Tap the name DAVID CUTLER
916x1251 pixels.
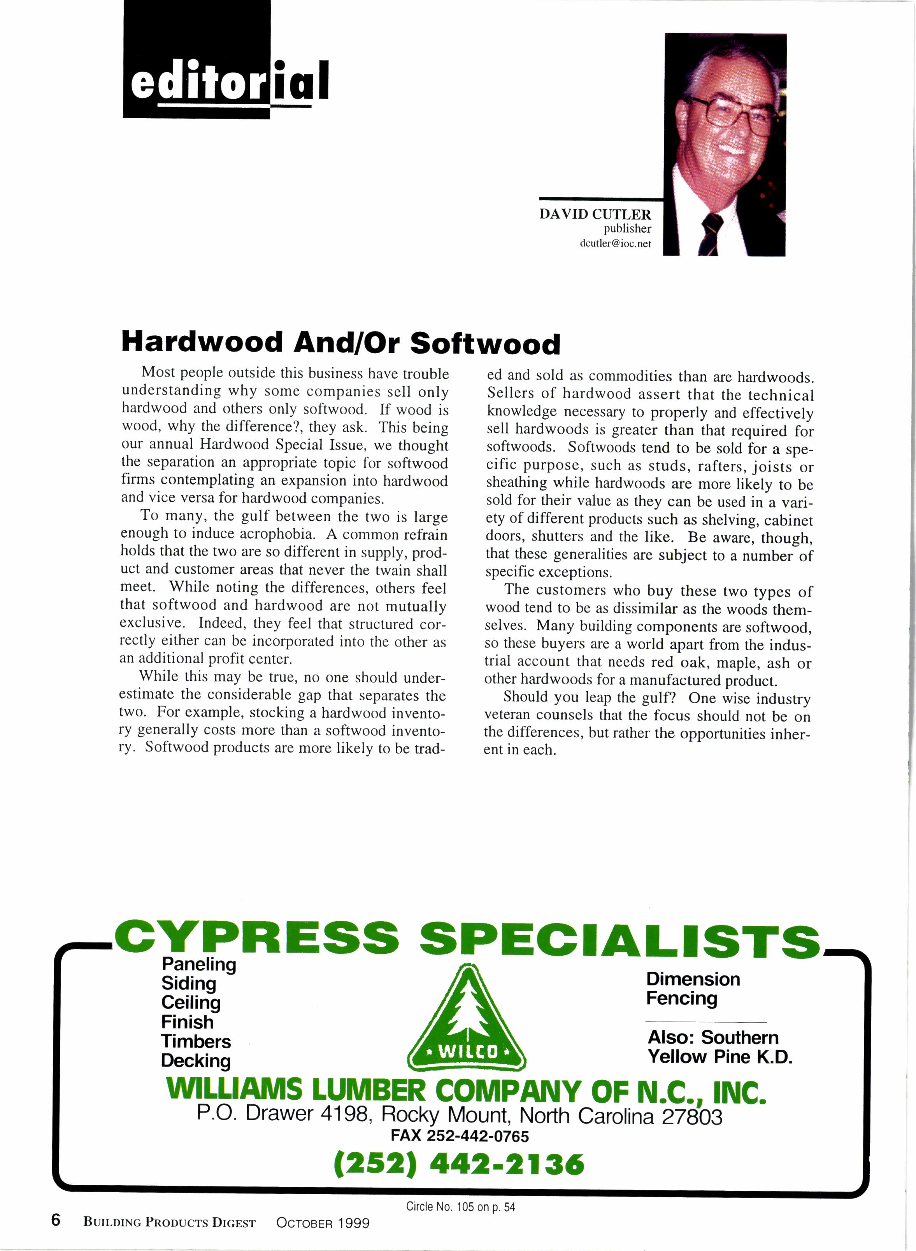pos(595,214)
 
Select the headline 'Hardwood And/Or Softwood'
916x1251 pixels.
pos(340,343)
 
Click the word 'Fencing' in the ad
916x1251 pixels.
pos(681,998)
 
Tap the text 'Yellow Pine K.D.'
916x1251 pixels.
pos(720,1057)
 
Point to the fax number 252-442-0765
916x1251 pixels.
pos(477,1136)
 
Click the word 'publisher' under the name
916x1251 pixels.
pos(627,228)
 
